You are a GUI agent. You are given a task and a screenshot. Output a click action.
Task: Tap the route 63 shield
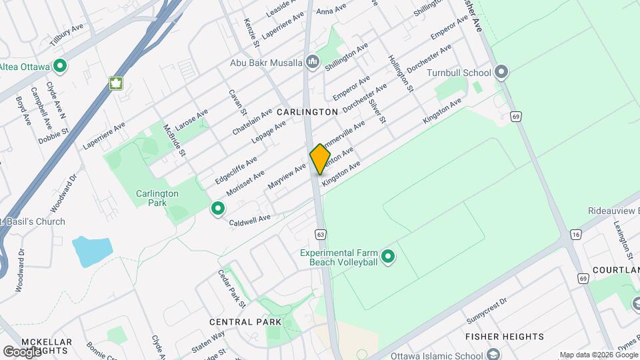tap(321, 234)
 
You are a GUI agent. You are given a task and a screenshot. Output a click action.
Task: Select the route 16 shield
tap(576, 234)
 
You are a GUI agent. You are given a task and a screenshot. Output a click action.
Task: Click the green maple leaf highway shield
tap(117, 83)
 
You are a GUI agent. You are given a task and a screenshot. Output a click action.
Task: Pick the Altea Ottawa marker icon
tap(60, 65)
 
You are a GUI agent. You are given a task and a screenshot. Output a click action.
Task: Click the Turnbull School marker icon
tap(501, 73)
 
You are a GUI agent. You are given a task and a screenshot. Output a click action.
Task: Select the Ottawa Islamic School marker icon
tap(493, 355)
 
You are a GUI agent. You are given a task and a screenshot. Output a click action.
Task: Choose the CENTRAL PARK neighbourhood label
tap(245, 322)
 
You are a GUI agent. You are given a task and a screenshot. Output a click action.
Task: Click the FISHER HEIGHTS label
tap(505, 337)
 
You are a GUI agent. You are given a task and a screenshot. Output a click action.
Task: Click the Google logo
tap(22, 351)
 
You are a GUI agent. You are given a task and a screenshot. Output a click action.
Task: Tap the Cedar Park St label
tap(231, 287)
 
